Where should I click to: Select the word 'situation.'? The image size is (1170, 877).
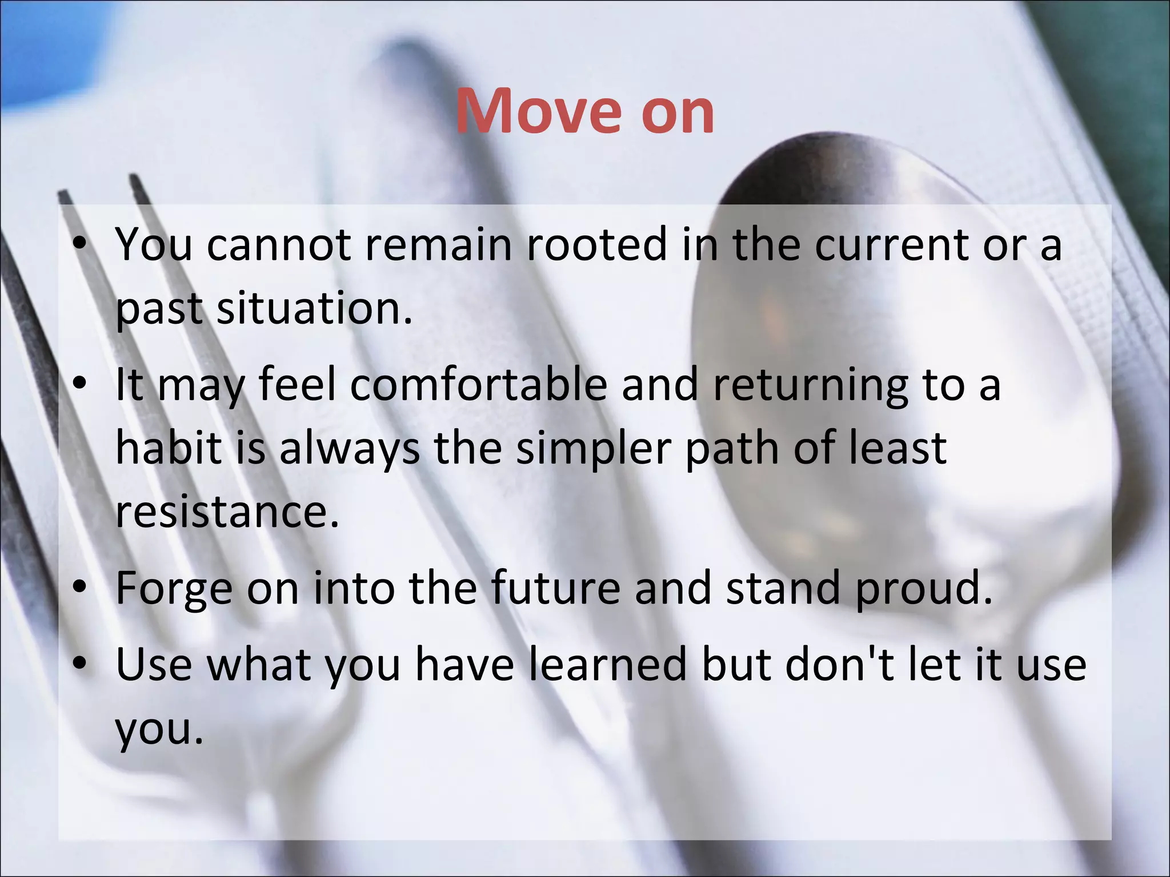coord(314,308)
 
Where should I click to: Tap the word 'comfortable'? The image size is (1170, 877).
coord(479,384)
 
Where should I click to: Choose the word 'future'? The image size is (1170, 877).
coord(555,588)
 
